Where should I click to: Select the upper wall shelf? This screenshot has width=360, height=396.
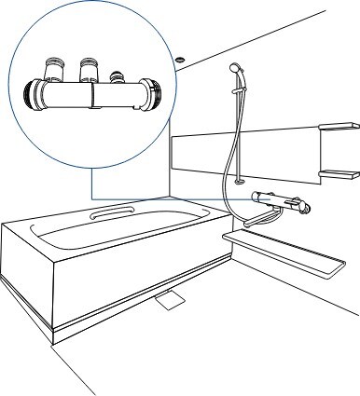point(339,127)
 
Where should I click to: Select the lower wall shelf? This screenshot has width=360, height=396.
point(339,173)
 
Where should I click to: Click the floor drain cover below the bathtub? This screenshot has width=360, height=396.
point(173,300)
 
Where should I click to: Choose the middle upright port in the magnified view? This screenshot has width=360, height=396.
point(90,69)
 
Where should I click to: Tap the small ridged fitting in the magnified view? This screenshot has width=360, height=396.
point(118,76)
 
